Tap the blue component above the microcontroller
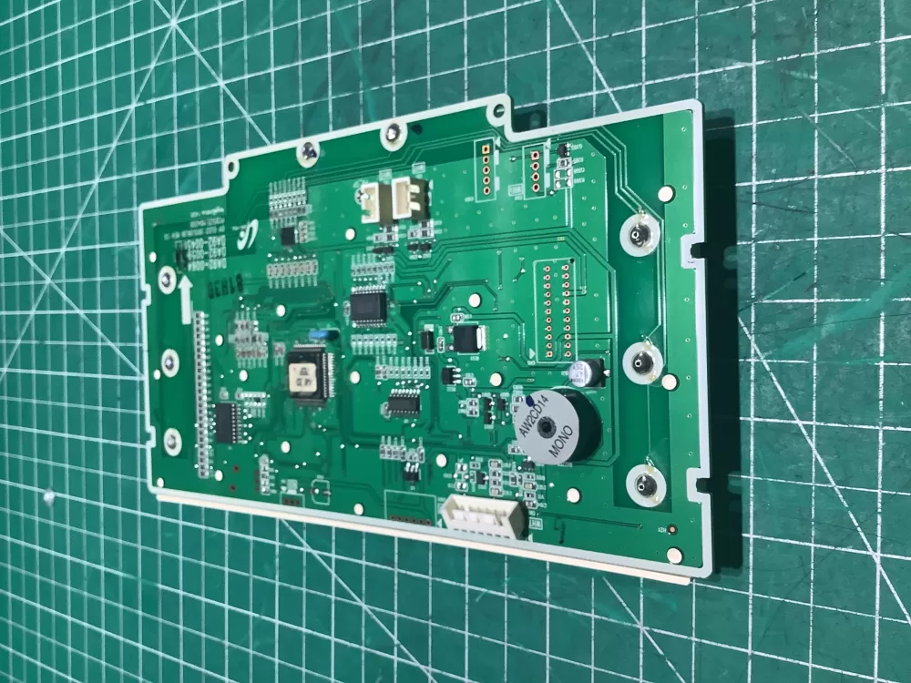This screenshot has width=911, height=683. pos(318,334)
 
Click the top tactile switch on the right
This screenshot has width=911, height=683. pos(640,237)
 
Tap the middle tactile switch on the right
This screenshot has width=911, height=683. pos(643,362)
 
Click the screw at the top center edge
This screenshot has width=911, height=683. pos(393,136)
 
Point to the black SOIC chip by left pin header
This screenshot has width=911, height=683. pos(228,422)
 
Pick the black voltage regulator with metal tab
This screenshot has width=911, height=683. pos(466,339)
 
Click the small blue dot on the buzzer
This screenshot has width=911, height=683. pos(529,400)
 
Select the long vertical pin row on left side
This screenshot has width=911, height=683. pos(202,397)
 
